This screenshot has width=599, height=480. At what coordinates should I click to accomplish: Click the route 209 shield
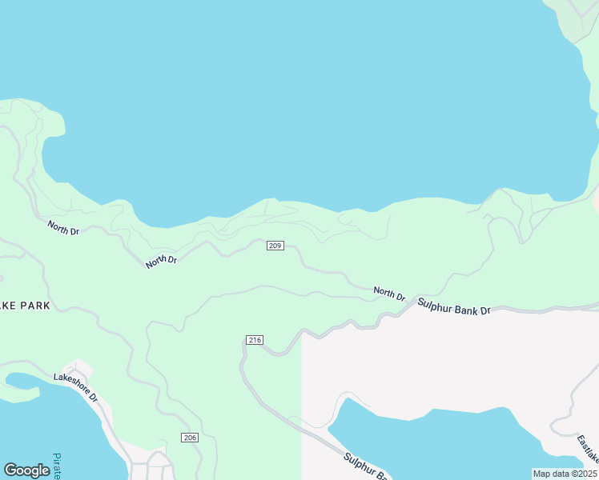click(275, 245)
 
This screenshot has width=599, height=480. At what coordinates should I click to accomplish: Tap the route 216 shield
click(255, 341)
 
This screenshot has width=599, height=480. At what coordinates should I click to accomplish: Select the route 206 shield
click(189, 438)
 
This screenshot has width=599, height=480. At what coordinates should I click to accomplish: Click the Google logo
click(26, 470)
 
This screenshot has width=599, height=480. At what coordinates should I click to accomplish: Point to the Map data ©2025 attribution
click(565, 474)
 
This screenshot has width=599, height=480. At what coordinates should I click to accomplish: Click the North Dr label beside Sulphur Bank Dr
click(389, 294)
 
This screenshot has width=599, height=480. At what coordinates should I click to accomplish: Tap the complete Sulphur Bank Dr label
click(453, 306)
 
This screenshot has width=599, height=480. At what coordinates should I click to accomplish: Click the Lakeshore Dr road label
click(75, 386)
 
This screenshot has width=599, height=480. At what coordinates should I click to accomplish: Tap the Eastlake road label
click(587, 449)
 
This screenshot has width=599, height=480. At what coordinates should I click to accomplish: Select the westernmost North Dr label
click(63, 228)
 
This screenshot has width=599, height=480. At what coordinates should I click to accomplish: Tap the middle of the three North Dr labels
click(161, 260)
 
